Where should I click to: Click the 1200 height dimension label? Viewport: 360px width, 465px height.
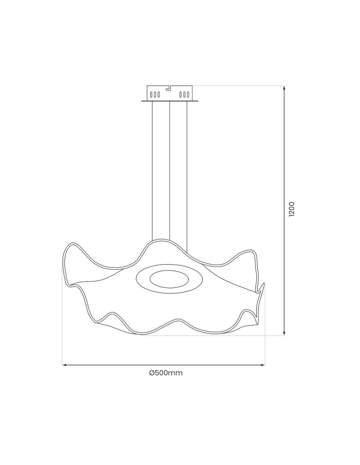point(292,209)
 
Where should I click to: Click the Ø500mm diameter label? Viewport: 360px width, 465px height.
point(166,373)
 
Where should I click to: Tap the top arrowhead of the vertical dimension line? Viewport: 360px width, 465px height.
point(284,87)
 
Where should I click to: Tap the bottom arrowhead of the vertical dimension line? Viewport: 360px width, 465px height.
point(284,333)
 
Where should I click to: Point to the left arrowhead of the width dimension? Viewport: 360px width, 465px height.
point(65,365)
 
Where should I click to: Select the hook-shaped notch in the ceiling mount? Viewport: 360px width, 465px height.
point(169,87)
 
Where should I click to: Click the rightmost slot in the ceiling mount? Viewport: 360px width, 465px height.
point(188,95)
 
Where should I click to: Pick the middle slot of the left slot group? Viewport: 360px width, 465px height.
point(155,95)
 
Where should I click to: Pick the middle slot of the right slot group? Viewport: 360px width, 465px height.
point(185,95)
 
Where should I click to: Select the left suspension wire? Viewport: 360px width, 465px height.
point(152,172)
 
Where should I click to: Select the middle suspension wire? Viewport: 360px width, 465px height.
point(170,172)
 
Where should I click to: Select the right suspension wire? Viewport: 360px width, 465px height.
point(187,172)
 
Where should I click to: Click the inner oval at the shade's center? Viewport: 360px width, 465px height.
point(169,279)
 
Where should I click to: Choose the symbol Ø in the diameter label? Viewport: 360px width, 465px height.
point(152,373)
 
